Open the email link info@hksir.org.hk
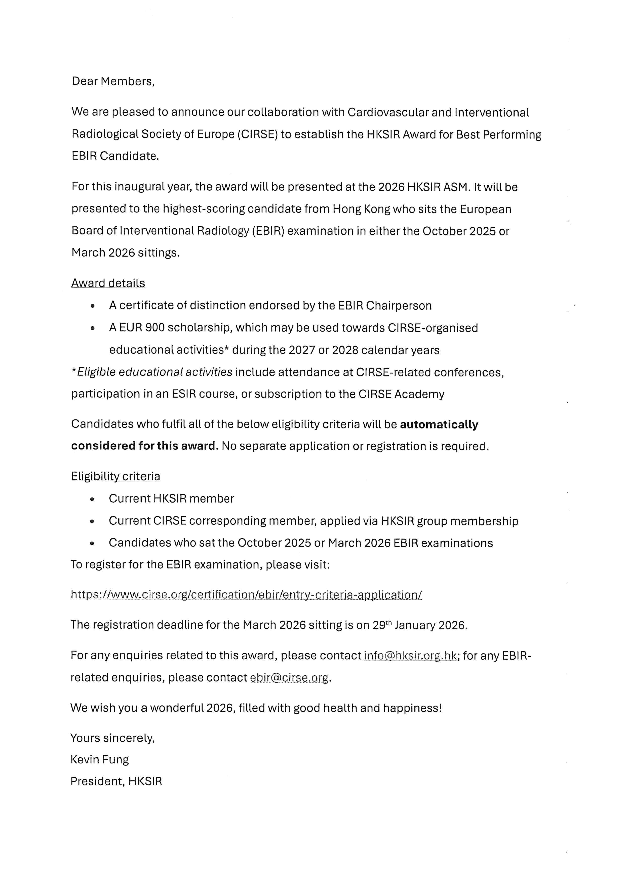(410, 655)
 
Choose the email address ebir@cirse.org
(289, 677)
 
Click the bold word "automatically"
(439, 424)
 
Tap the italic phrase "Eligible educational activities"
(155, 372)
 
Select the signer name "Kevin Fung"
(100, 760)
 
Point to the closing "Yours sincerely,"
(112, 738)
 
